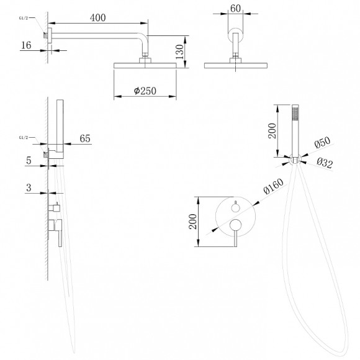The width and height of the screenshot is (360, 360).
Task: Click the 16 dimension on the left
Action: click(x=26, y=45)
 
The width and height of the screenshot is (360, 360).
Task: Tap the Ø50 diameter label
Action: click(x=322, y=142)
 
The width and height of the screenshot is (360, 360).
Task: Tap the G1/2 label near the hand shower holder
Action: click(x=24, y=137)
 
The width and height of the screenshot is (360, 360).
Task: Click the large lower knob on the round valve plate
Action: click(x=236, y=225)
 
